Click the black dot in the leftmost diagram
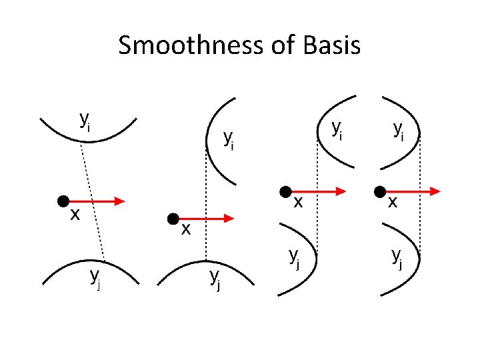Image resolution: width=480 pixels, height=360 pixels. (x=63, y=200)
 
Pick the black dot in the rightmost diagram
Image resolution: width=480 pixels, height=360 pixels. (x=382, y=191)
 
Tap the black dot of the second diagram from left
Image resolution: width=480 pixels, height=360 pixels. (x=173, y=218)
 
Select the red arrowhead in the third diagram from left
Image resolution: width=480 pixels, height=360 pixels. (x=339, y=191)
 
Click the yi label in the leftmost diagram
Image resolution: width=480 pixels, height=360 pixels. (x=85, y=120)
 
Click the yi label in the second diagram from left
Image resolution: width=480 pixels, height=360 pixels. (x=229, y=139)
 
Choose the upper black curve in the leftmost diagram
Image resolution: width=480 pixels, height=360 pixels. (x=88, y=134)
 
